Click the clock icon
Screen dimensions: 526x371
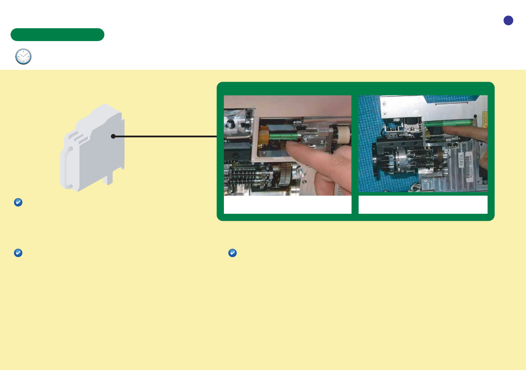[23, 57]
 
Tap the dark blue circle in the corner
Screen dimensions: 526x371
[508, 20]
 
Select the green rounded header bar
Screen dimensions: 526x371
[57, 34]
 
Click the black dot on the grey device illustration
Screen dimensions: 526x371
[113, 136]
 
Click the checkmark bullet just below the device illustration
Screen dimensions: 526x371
[18, 202]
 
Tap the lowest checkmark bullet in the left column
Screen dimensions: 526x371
[18, 253]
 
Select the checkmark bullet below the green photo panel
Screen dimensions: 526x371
[232, 253]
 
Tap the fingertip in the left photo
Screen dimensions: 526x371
[291, 148]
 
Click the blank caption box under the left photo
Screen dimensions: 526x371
[288, 205]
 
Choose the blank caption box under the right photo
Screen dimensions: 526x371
[423, 205]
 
